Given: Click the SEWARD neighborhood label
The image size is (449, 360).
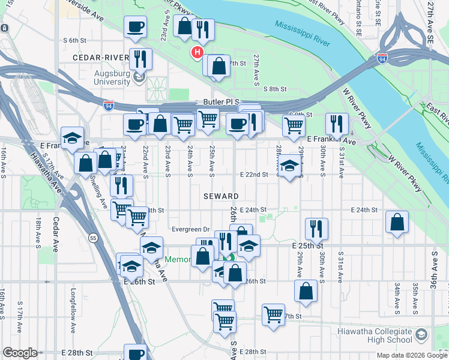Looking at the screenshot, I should pyautogui.click(x=221, y=196).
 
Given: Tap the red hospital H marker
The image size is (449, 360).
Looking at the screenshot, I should pyautogui.click(x=196, y=53).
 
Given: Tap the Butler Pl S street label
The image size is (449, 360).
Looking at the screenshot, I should pyautogui.click(x=220, y=103).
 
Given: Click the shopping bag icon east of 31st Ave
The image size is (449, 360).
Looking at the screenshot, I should pyautogui.click(x=397, y=222).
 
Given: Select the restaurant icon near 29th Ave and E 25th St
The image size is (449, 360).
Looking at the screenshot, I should pyautogui.click(x=316, y=229).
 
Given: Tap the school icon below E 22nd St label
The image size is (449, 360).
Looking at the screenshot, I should pyautogui.click(x=289, y=166).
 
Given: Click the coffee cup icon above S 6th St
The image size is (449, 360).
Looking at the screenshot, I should pyautogui.click(x=135, y=26).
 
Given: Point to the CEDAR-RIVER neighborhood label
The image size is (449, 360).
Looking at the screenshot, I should pyautogui.click(x=100, y=57).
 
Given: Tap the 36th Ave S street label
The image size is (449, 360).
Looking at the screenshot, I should pyautogui.click(x=434, y=271).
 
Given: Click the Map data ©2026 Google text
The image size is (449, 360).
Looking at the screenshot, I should pyautogui.click(x=411, y=355).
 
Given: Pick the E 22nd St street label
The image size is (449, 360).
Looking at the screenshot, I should pyautogui.click(x=253, y=175).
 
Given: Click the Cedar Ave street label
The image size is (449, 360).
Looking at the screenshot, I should pyautogui.click(x=56, y=234).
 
